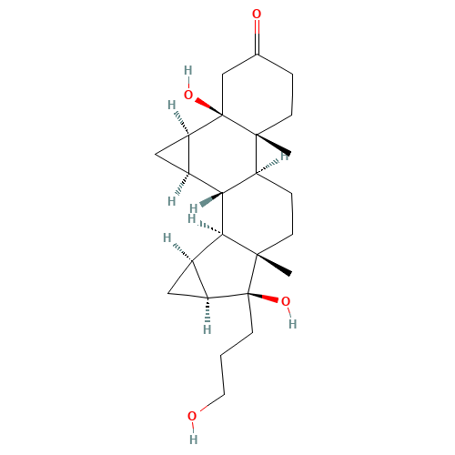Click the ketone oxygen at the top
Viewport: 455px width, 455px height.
point(257,15)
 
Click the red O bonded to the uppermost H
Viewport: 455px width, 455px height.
point(188,95)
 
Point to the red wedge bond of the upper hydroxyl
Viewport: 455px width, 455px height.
point(206,105)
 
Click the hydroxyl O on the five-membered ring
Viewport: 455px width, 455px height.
point(286,301)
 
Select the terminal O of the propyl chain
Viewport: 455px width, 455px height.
point(192,417)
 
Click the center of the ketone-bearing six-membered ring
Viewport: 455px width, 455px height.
point(257,96)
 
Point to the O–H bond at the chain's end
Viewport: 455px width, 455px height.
point(192,428)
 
